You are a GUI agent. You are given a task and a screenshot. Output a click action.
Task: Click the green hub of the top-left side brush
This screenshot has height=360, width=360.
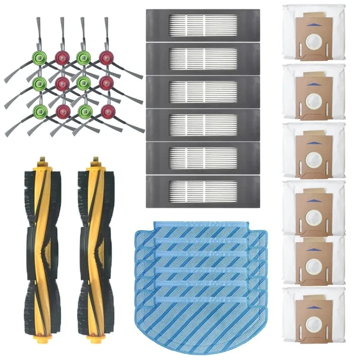(40, 58)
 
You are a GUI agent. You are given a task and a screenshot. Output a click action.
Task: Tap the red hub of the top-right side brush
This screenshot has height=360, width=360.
(106, 58)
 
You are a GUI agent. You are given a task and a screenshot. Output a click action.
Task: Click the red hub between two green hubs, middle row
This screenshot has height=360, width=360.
(62, 84)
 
